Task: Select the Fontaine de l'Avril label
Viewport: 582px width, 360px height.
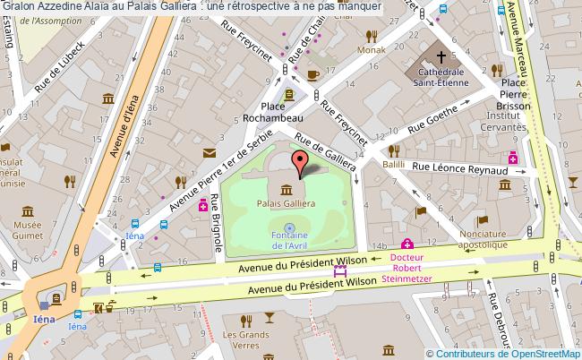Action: (288, 240)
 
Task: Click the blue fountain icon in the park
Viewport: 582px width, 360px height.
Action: (288, 228)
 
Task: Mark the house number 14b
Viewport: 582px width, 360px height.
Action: (380, 245)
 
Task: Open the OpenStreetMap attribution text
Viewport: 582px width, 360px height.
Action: (502, 353)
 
